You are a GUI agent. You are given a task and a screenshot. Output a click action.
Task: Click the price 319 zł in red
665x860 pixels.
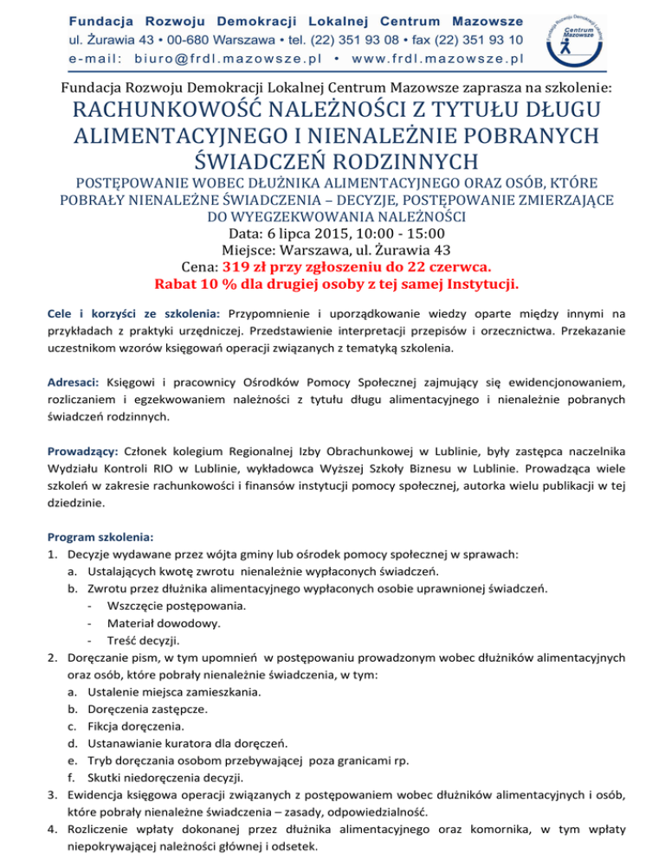254,266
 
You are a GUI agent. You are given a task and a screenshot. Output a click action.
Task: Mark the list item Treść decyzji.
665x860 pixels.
145,640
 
